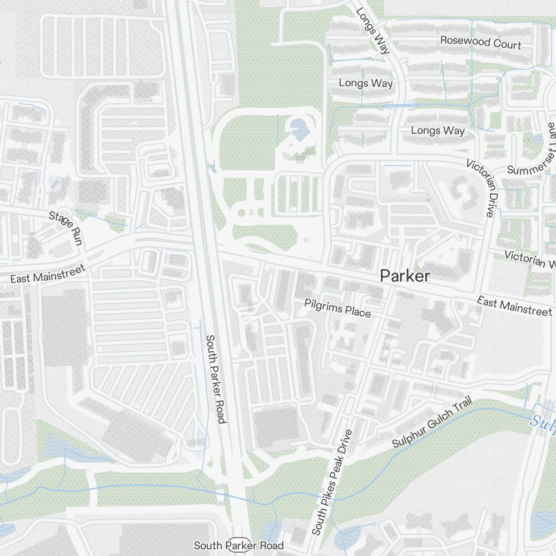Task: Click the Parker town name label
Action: [x=405, y=276]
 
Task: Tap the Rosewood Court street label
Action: [x=480, y=42]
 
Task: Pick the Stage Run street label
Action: [x=66, y=228]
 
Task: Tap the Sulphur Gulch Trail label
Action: [x=431, y=422]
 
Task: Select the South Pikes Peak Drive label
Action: [x=332, y=482]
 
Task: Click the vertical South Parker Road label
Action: [x=216, y=378]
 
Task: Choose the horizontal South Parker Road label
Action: [x=239, y=546]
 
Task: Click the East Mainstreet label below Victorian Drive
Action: [x=515, y=306]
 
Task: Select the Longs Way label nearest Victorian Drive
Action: [x=438, y=131]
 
